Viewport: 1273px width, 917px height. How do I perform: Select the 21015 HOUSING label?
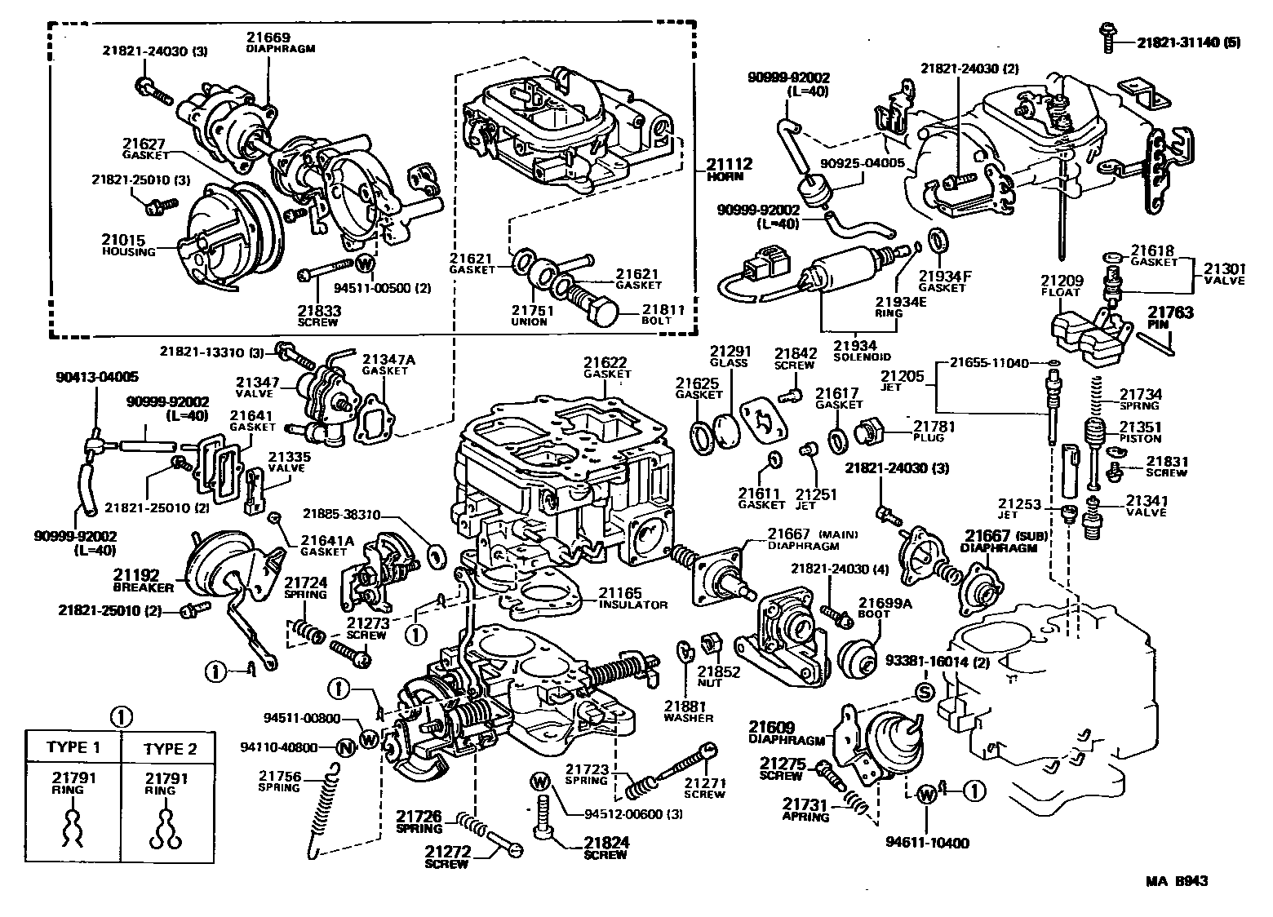pos(128,245)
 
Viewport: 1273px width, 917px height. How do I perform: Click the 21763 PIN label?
pos(1170,317)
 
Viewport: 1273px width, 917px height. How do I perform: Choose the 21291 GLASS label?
pos(729,357)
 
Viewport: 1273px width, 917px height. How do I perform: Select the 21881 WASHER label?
pos(688,711)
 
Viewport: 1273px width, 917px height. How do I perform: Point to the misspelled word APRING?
pos(805,816)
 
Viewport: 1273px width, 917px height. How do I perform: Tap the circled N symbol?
pos(345,746)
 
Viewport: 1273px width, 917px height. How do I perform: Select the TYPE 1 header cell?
pos(73,746)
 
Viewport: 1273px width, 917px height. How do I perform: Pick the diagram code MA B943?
pos(1176,881)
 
